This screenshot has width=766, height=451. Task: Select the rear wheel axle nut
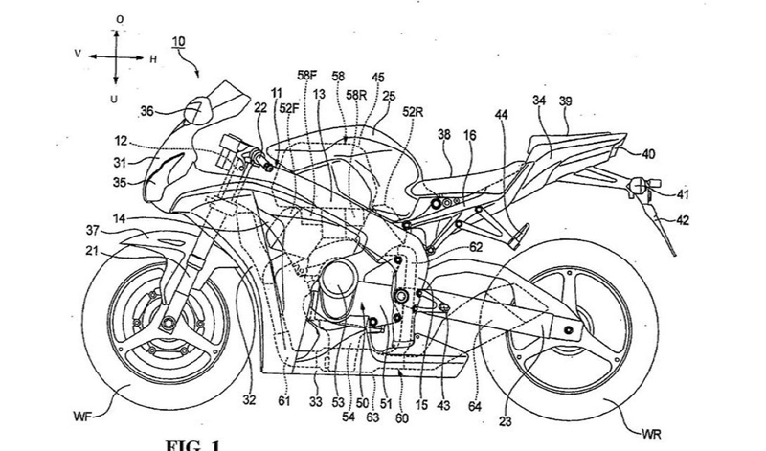coord(570,331)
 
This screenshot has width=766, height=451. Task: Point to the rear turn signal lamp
coord(637,183)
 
